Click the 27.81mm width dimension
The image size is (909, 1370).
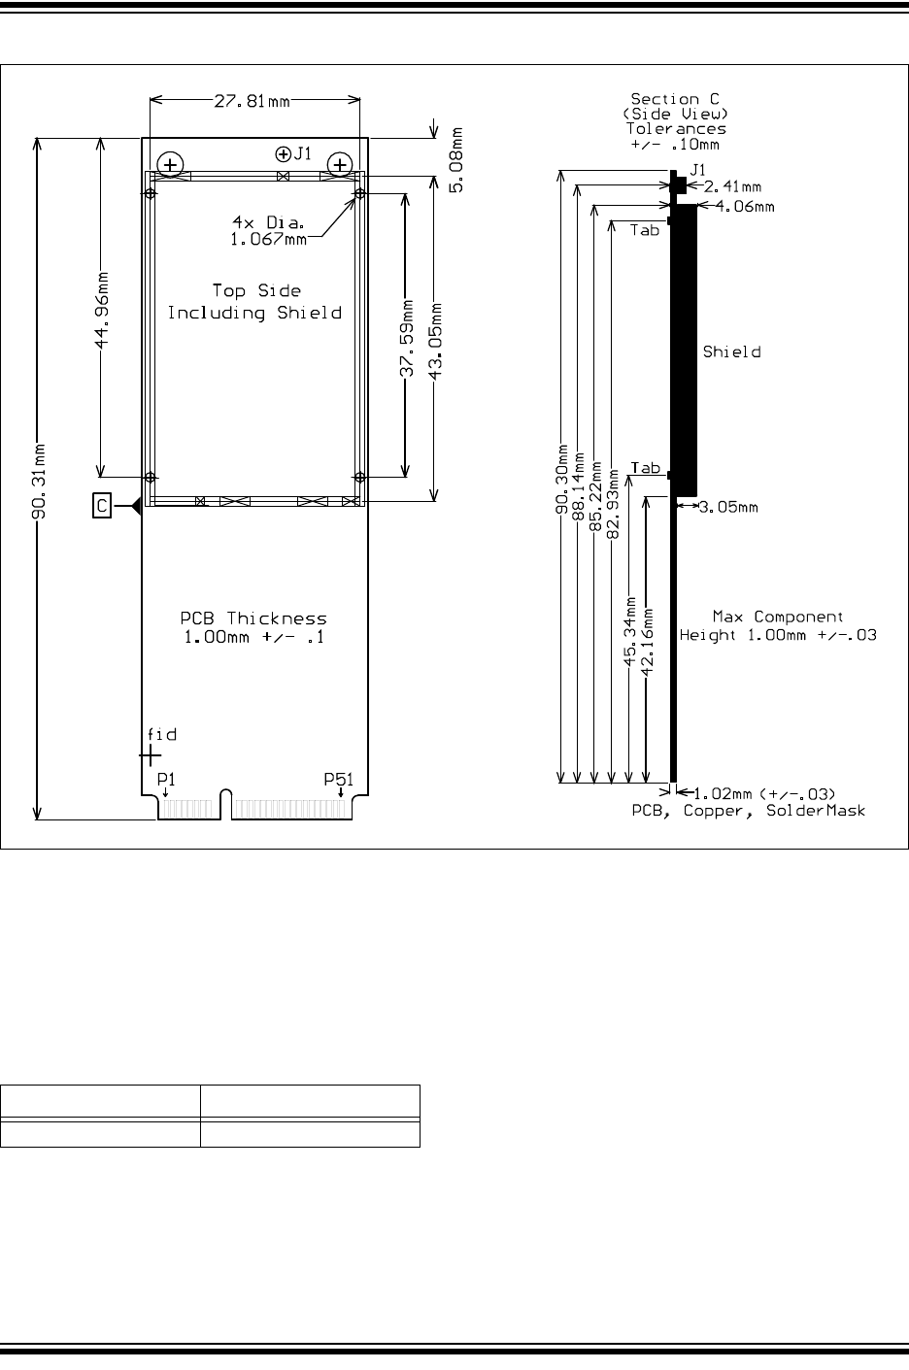[x=252, y=101]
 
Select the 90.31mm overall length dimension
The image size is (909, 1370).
[x=39, y=482]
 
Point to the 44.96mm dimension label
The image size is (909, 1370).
[x=102, y=311]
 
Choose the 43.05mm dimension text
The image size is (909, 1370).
[x=436, y=341]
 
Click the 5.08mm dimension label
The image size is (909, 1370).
[x=456, y=160]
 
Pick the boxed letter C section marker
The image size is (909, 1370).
[x=102, y=506]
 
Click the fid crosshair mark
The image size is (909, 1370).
[x=150, y=756]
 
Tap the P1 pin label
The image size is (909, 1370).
[x=166, y=780]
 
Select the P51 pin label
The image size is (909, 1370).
[x=338, y=780]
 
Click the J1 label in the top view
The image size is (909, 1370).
[x=303, y=153]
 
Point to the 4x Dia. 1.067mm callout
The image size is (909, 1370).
[x=269, y=230]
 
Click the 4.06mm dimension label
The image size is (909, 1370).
[x=745, y=207]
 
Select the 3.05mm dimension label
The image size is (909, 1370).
[x=728, y=507]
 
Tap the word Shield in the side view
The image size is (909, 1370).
[x=731, y=351]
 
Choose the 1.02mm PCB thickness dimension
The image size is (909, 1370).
[x=764, y=794]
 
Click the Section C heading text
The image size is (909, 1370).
[x=675, y=99]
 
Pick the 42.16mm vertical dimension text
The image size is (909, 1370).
[x=647, y=642]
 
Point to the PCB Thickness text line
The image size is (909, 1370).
[x=253, y=618]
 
